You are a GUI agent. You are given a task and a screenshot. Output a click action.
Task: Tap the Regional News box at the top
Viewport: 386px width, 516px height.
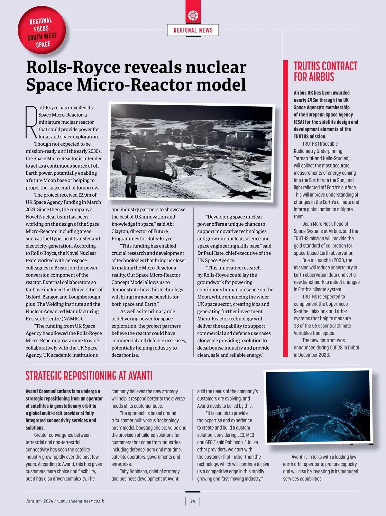click(193, 30)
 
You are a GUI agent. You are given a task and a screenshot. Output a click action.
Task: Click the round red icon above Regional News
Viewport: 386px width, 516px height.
click(193, 15)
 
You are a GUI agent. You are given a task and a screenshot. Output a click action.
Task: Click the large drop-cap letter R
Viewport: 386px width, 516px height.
click(31, 122)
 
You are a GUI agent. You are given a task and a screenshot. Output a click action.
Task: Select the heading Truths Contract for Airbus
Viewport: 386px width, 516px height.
click(325, 72)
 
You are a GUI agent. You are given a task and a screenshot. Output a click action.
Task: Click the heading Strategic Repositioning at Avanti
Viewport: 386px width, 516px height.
click(89, 376)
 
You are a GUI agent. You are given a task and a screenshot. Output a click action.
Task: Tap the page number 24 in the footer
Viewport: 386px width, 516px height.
click(193, 501)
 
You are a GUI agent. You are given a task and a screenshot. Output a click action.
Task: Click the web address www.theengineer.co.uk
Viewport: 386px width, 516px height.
click(80, 501)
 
